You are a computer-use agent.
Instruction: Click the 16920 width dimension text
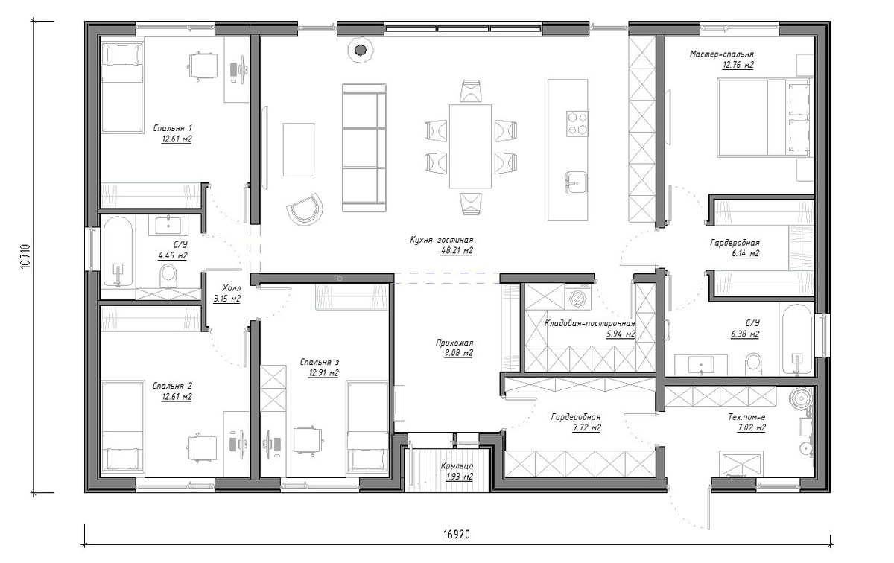tap(456, 534)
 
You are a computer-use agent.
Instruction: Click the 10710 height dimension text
tap(25, 256)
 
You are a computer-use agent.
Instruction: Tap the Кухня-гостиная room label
tap(441, 241)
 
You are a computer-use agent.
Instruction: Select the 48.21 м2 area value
tap(457, 251)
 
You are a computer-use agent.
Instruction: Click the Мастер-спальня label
tap(722, 54)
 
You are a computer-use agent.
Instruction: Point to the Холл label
tap(232, 287)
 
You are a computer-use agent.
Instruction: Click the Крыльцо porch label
tap(457, 465)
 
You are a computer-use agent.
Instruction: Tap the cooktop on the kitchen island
tap(577, 124)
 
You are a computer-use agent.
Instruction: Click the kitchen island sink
tap(576, 182)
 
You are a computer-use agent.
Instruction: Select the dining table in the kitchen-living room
tap(470, 146)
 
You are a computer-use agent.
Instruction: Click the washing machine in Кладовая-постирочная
tap(578, 297)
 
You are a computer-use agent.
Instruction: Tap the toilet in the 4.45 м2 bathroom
tap(168, 276)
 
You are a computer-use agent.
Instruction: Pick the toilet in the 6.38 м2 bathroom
tap(753, 364)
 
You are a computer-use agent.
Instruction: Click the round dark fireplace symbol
tap(361, 51)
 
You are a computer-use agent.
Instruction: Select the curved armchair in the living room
tap(305, 209)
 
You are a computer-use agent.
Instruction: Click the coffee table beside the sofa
tap(299, 149)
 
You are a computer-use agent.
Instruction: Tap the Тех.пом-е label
tap(746, 417)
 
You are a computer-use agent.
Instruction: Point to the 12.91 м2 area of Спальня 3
tap(323, 373)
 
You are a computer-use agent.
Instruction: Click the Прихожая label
tap(454, 343)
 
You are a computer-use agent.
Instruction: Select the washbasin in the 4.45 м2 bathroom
tap(168, 226)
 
